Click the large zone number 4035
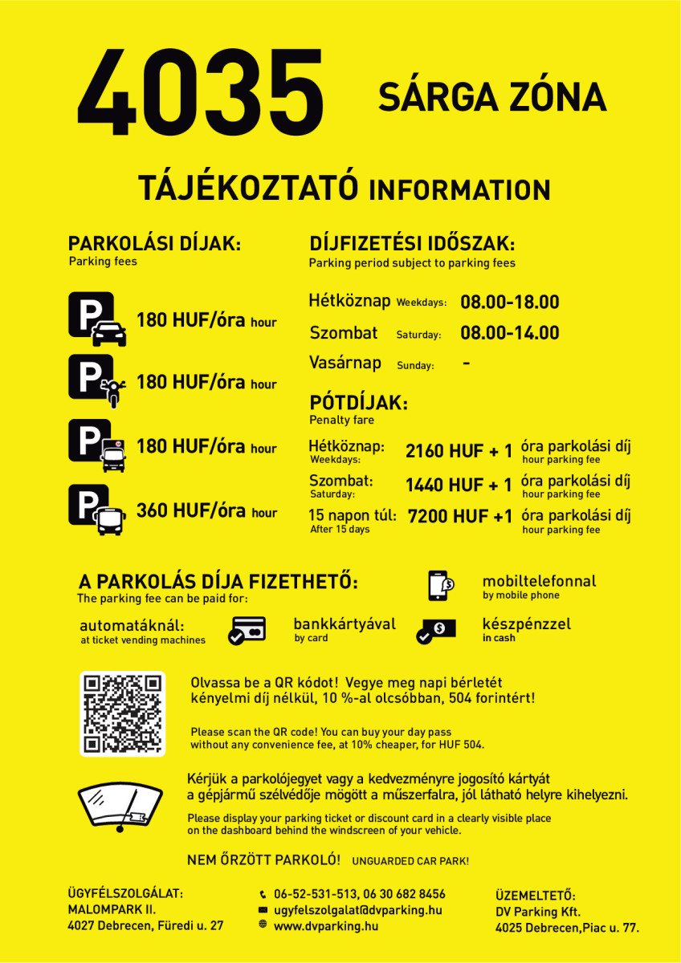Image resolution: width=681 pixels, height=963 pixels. pos(201,95)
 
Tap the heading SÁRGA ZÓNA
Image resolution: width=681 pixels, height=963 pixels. pos(491,98)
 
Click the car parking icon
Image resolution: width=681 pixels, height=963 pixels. pos(97,319)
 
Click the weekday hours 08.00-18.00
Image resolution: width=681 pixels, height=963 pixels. pos(509,303)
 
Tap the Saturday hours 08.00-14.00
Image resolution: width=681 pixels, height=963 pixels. pos(509,333)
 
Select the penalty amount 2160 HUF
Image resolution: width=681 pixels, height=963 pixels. pos(444,452)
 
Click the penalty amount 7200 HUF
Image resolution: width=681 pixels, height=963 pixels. pos(446,517)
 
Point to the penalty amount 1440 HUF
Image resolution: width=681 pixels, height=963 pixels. pos(444,486)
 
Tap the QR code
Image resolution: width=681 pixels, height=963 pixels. pos(122,713)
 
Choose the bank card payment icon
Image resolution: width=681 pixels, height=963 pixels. pos(247,630)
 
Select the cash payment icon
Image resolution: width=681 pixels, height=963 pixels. pos(436,630)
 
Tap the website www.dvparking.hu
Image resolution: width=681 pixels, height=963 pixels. pos(325,926)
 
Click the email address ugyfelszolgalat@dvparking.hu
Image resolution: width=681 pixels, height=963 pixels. pos(357,910)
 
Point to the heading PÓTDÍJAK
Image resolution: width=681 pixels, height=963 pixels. pos(358,403)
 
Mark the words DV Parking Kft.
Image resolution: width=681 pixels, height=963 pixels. pos(537,912)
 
